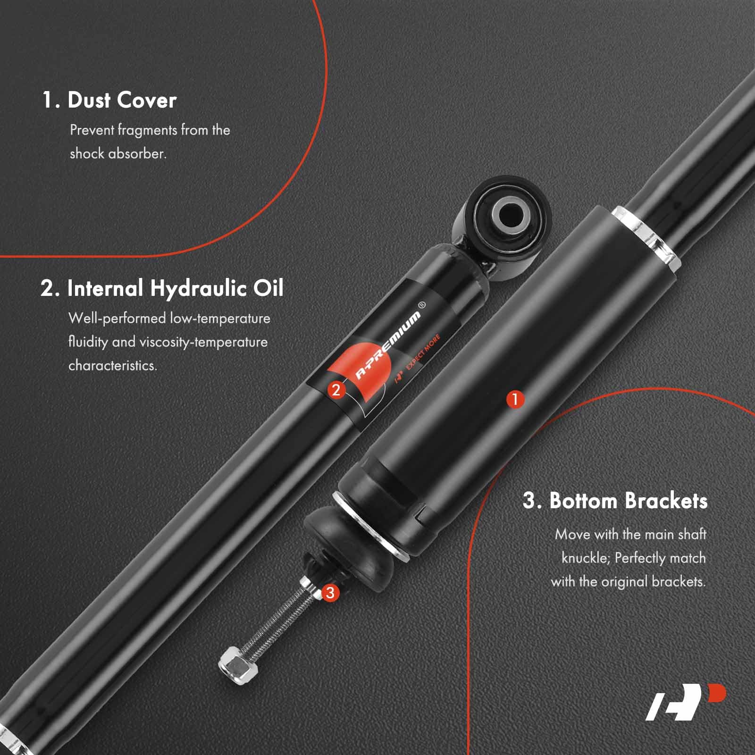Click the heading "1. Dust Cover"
[x=109, y=100]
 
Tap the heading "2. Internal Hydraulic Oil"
[x=162, y=288]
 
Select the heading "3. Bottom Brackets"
[x=615, y=500]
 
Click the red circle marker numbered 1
[x=515, y=399]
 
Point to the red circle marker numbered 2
[x=336, y=390]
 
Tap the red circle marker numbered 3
[x=330, y=592]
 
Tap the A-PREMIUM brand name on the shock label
[x=387, y=345]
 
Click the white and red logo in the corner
[x=686, y=703]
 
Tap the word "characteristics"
[x=112, y=365]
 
